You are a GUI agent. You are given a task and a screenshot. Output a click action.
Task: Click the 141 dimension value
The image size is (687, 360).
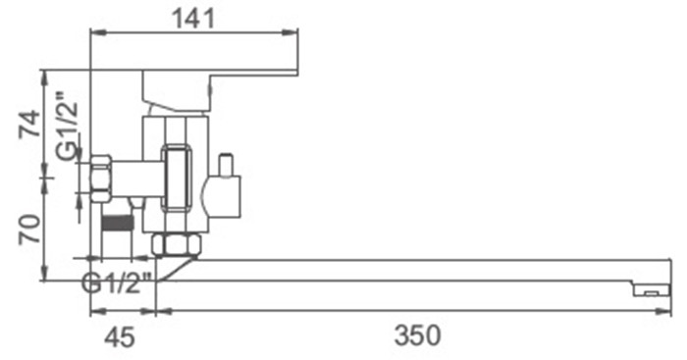pos(194,19)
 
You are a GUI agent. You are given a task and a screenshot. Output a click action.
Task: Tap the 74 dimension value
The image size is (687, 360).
pos(29,124)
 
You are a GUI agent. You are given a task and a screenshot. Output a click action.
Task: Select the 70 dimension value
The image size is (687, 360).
pos(29,229)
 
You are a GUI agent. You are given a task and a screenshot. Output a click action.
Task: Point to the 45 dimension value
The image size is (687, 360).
pos(120,336)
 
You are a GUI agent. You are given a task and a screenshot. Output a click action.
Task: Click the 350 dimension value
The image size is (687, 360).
pos(417,335)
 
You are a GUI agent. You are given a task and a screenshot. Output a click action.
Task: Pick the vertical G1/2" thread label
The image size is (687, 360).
pos(69,126)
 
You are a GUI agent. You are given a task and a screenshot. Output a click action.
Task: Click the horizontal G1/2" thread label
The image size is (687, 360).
pos(117,283)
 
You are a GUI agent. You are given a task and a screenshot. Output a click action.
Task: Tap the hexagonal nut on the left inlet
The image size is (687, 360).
pos(100,179)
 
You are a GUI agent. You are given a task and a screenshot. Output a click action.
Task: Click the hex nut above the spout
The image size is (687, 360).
pos(177,244)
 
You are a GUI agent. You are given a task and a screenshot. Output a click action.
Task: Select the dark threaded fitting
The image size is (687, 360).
pos(117,223)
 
